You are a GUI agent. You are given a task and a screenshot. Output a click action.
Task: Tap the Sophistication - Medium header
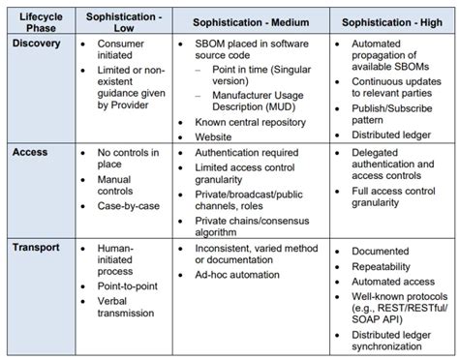(250, 22)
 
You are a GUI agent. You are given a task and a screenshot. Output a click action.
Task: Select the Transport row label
(37, 248)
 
